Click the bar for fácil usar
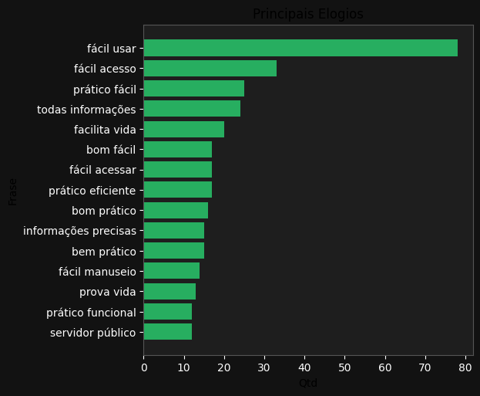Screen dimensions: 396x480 point(300,48)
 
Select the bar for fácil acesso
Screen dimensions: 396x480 point(210,69)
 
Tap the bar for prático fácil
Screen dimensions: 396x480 point(193,89)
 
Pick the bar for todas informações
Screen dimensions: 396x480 point(192,109)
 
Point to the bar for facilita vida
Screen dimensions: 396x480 point(183,130)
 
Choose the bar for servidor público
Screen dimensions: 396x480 point(167,332)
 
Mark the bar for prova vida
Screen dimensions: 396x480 point(170,292)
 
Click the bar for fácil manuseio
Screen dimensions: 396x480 point(171,271)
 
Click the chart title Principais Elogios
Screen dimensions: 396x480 point(307,14)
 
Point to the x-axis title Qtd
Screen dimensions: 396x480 point(307,384)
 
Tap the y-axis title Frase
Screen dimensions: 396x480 point(13,191)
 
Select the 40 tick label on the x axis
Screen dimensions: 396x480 point(304,367)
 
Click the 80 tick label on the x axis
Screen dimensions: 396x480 point(465,367)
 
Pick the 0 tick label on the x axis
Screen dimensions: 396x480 point(144,367)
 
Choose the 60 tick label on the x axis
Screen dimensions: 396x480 point(384,367)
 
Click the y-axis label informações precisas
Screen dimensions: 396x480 point(79,231)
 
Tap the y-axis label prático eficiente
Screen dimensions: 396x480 point(92,191)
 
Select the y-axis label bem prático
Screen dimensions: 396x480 point(103,251)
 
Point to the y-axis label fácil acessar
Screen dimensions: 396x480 point(102,170)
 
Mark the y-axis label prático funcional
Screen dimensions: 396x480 point(91,313)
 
